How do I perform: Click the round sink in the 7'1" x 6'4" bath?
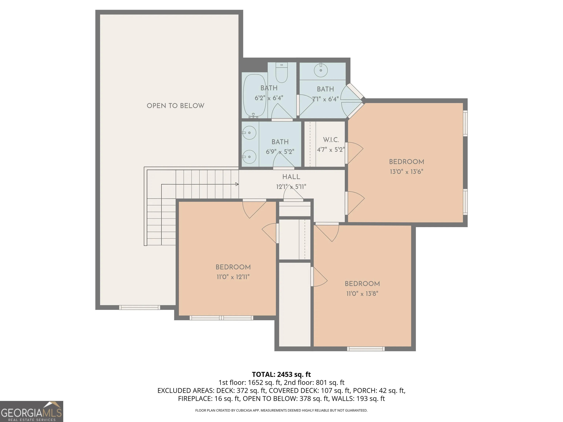tap(321, 70)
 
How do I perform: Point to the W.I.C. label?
tap(331, 140)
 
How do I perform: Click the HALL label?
tap(291, 177)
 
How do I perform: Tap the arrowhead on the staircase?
tap(237, 184)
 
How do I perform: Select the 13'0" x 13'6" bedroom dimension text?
tap(406, 172)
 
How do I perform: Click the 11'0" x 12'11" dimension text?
tap(233, 277)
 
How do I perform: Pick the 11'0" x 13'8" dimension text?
tap(362, 294)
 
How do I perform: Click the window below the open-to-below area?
tap(140, 307)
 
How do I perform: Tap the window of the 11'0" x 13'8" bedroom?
tap(366, 349)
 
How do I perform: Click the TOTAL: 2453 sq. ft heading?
tap(281, 374)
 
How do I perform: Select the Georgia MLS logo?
tap(31, 411)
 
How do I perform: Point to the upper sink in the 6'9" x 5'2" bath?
tap(249, 133)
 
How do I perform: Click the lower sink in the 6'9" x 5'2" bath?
tap(249, 157)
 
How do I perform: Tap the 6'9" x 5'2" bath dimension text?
tap(280, 152)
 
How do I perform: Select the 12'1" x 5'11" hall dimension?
tap(291, 187)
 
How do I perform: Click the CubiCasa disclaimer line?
tap(281, 410)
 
